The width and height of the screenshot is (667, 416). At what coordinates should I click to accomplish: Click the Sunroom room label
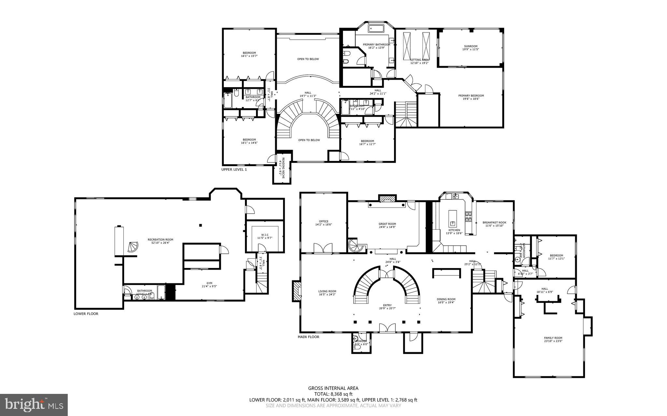pos(471,48)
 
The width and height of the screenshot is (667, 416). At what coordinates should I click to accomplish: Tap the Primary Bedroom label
pos(471,97)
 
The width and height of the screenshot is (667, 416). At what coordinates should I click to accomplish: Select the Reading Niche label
pos(282,167)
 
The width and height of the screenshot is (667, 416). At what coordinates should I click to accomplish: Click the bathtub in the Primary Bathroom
pos(376,29)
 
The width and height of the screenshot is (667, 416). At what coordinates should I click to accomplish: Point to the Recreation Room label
pos(160,241)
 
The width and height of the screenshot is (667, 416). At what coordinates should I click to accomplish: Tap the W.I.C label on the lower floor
pos(264,236)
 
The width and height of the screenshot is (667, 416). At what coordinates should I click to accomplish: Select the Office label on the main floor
pos(323,223)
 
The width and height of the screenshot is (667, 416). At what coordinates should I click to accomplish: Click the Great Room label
pos(387,225)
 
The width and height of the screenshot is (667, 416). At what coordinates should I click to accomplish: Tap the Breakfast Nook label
pos(494,224)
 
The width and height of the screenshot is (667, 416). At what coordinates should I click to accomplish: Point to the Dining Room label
pos(446,301)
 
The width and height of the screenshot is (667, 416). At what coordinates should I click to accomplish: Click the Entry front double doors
pos(387,328)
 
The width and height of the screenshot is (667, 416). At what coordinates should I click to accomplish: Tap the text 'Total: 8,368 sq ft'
pos(333,394)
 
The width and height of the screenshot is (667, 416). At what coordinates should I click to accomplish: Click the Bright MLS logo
pos(34,404)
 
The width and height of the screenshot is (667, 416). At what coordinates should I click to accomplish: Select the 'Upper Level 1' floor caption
pos(234,169)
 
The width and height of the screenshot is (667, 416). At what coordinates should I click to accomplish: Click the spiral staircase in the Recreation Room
pos(133,248)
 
